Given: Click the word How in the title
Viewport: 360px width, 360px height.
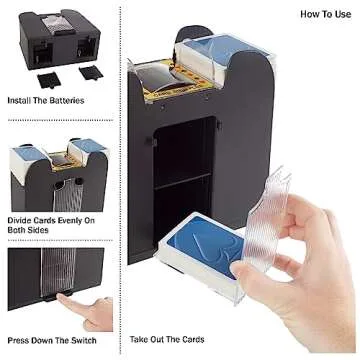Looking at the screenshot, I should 308,15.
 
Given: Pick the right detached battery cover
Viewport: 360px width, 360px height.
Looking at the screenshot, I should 88,72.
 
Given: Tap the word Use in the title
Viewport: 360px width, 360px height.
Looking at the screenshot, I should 341,15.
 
